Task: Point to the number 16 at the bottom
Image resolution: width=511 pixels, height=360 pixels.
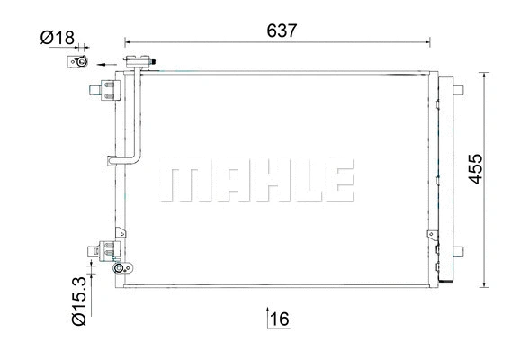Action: point(279,318)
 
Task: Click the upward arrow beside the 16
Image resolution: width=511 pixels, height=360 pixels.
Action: point(266,317)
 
